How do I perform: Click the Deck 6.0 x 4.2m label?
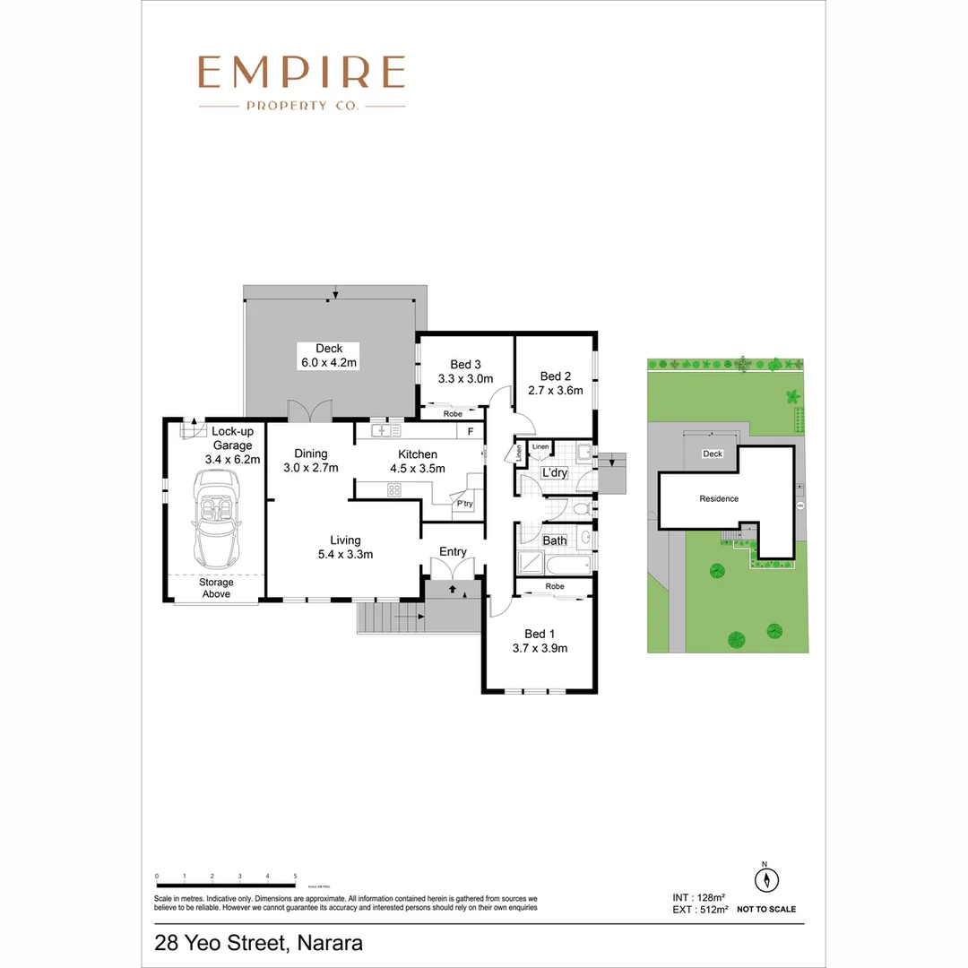click(x=329, y=356)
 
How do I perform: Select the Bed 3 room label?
click(x=466, y=364)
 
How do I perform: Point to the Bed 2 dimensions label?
click(x=555, y=390)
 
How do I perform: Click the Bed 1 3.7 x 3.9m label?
click(x=540, y=641)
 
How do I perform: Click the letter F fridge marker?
click(x=470, y=431)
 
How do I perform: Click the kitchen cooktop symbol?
click(x=393, y=489)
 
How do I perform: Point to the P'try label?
click(x=464, y=504)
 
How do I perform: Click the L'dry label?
click(x=553, y=472)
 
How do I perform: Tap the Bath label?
click(x=555, y=540)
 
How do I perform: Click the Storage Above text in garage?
click(x=216, y=588)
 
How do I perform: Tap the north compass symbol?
click(x=765, y=879)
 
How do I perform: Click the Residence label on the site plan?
click(x=719, y=498)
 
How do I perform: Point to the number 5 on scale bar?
click(x=295, y=876)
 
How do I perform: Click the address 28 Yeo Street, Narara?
click(x=258, y=943)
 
